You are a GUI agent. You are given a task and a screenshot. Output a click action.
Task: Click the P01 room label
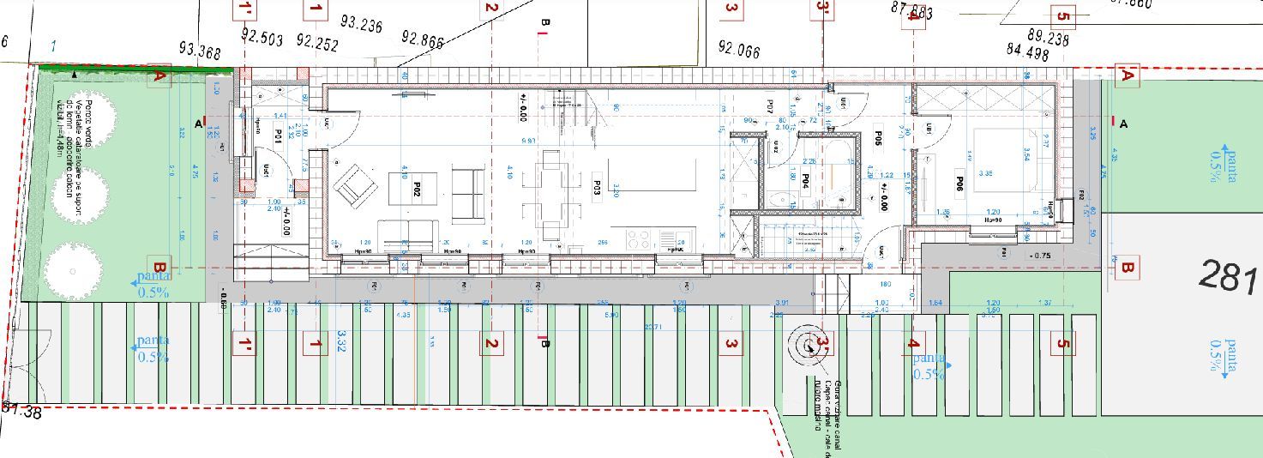(279, 135)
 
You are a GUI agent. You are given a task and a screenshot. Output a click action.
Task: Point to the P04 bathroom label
(806, 181)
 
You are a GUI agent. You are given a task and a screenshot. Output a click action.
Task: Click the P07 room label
(770, 106)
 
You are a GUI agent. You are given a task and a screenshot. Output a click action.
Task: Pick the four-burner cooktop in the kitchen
(638, 239)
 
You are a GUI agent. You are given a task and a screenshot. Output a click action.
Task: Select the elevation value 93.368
(200, 51)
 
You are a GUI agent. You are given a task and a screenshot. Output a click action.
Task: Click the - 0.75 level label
(1040, 255)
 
